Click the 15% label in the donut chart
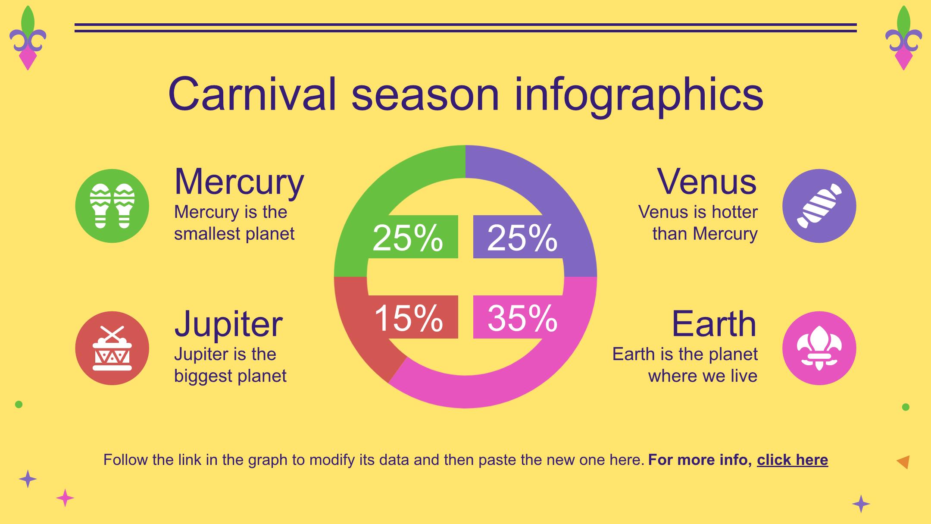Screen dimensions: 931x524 tap(409, 318)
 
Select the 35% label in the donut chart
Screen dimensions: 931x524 tap(522, 318)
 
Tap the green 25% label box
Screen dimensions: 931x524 tap(413, 237)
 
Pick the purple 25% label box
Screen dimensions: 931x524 tap(518, 237)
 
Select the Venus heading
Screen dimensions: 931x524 tap(707, 182)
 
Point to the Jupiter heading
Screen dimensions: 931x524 tap(228, 324)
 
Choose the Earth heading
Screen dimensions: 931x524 tap(714, 323)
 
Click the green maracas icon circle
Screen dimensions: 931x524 tap(112, 206)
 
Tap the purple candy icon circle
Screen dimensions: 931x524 tap(819, 206)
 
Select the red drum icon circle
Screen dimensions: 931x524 tap(112, 348)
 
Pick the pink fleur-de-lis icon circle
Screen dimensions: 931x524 tap(819, 348)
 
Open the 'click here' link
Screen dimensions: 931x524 tap(792, 460)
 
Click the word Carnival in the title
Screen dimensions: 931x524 tap(252, 94)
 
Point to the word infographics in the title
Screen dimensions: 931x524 tap(639, 96)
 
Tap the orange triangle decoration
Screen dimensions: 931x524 tap(903, 462)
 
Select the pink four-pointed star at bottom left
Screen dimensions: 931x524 tap(65, 498)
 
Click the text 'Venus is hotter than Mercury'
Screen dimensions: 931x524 tap(698, 223)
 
